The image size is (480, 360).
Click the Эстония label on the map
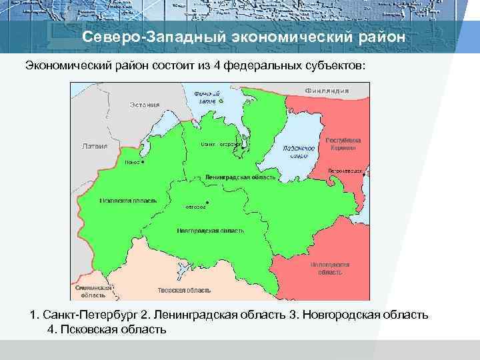[145, 105]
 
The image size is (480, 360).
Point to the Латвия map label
[94, 145]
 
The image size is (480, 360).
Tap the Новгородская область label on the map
[211, 230]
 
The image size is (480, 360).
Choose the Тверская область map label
[184, 291]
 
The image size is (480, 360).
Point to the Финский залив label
[207, 97]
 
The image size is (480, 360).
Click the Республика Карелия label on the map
[343, 145]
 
